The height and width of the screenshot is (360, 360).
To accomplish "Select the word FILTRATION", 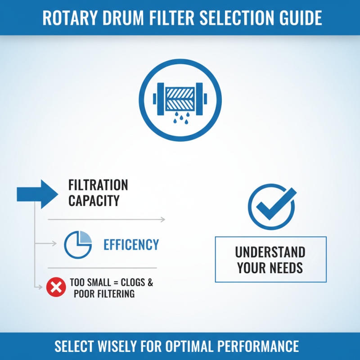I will (98, 185).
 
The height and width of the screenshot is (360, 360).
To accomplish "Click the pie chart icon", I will (78, 244).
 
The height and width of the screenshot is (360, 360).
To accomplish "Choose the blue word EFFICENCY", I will (131, 244).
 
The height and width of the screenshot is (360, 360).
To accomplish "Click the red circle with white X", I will (56, 287).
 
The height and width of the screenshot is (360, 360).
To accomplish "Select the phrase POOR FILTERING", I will (105, 294).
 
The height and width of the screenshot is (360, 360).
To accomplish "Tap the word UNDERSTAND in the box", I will (270, 252).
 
